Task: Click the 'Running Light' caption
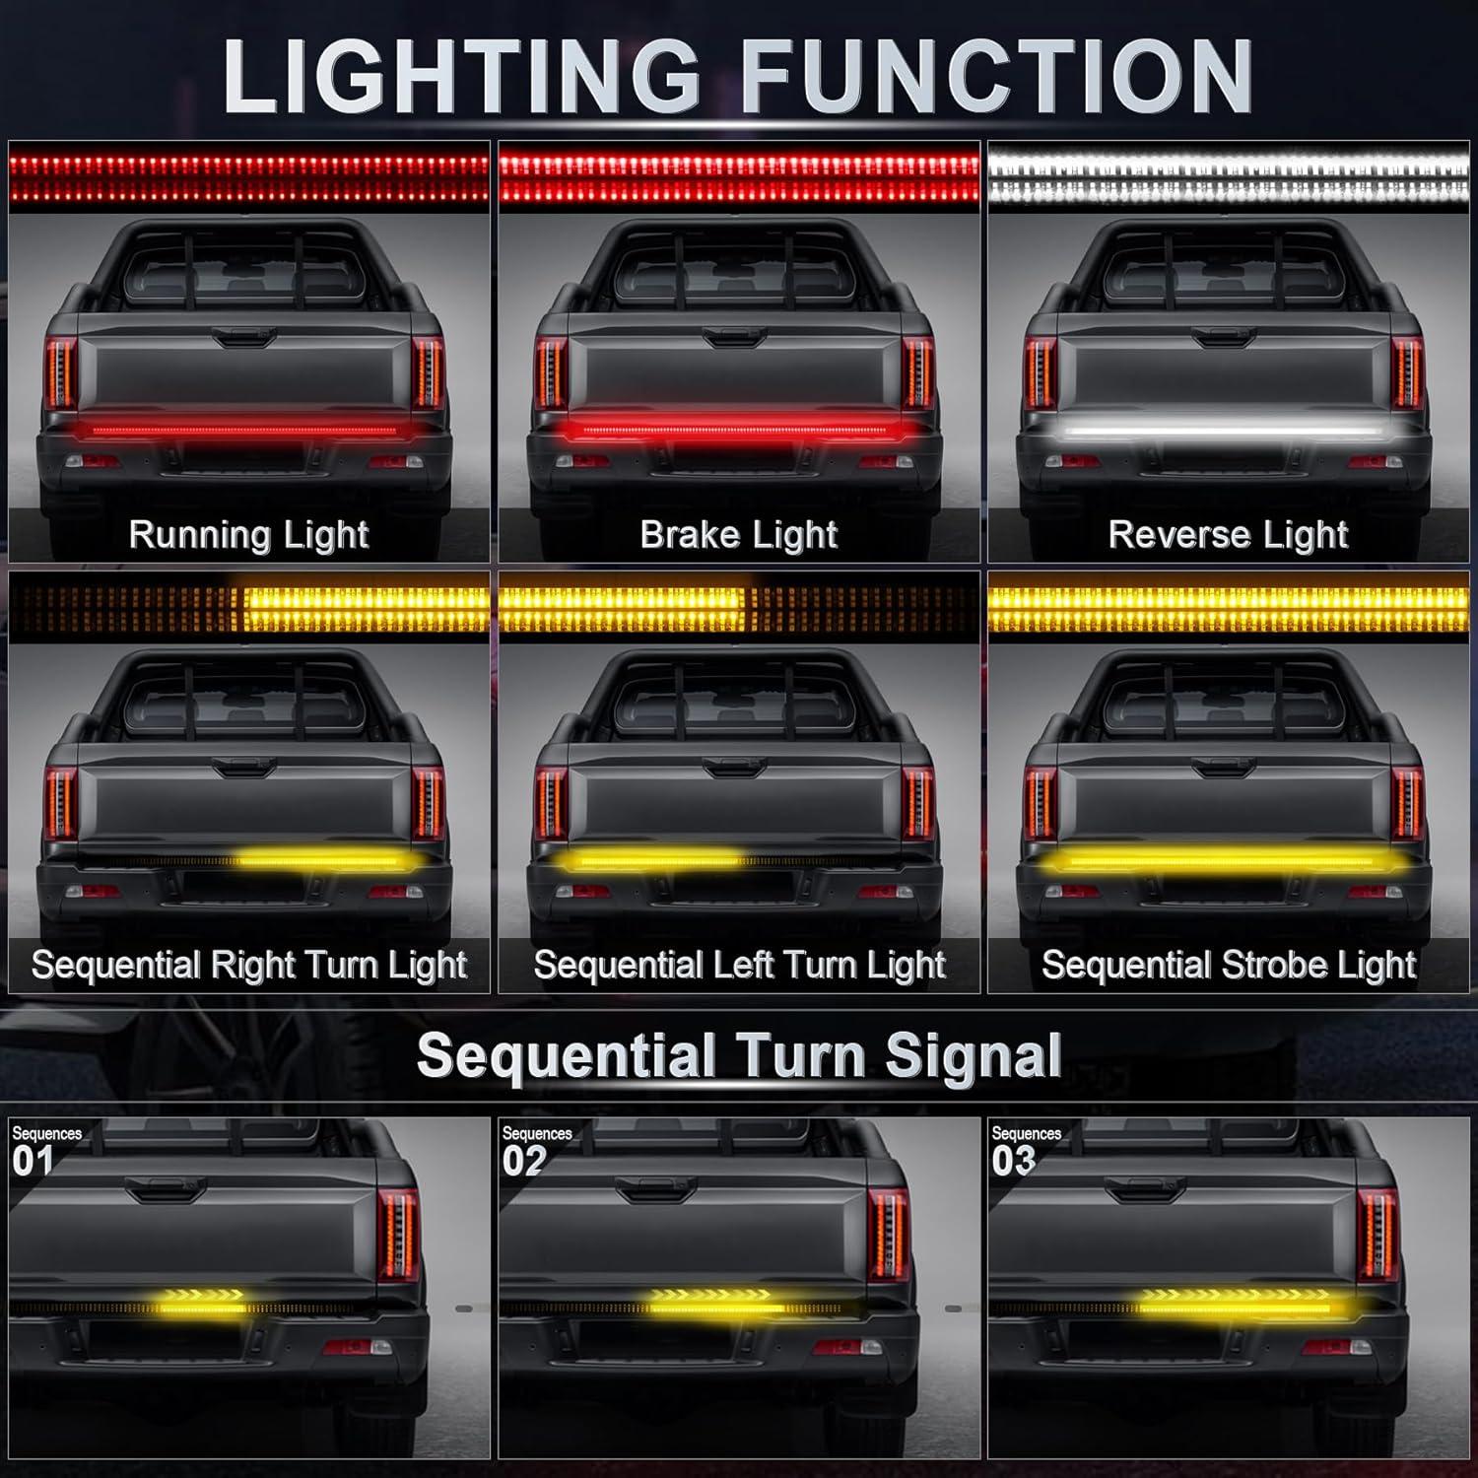click(x=248, y=535)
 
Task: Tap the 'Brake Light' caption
click(x=739, y=535)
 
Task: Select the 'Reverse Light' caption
click(x=1229, y=535)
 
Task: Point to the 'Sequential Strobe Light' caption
click(x=1229, y=965)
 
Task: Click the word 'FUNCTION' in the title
click(x=995, y=77)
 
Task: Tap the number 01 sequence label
click(x=32, y=1161)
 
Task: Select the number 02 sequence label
click(x=523, y=1161)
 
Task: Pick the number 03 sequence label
click(x=1013, y=1161)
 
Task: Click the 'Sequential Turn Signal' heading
click(x=739, y=1056)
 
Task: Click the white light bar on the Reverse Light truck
click(x=1223, y=431)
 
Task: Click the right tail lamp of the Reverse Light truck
click(x=1408, y=372)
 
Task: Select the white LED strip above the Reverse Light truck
click(x=1229, y=172)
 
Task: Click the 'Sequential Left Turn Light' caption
click(x=739, y=965)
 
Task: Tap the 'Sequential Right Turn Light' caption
click(x=248, y=965)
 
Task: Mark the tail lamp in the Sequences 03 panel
click(x=1377, y=1233)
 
